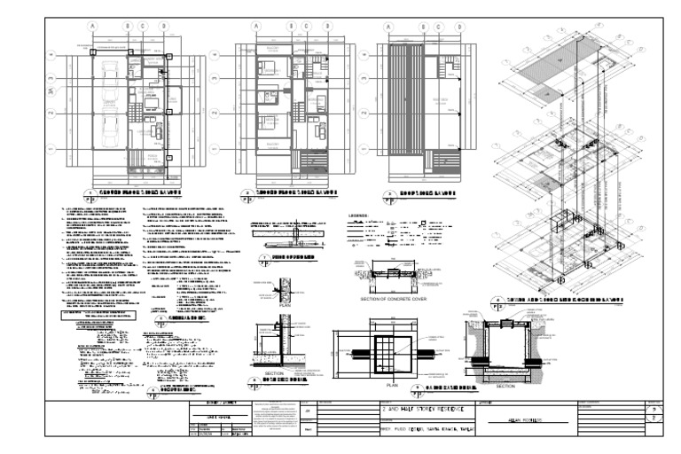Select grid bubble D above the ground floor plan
click(163, 27)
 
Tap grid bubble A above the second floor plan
click(255, 27)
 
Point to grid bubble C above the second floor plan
click(307, 27)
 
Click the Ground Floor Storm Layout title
click(141, 191)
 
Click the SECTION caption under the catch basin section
click(506, 387)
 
